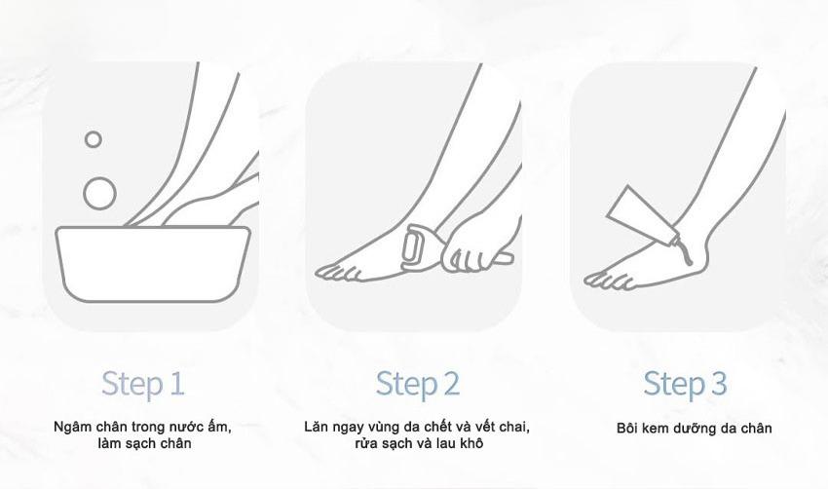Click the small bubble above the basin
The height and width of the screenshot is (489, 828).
[93, 139]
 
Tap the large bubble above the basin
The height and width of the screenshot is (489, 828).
[99, 194]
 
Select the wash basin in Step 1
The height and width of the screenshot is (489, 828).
[153, 264]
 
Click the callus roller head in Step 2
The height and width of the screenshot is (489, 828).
[413, 245]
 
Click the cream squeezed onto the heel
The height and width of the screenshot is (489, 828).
[685, 252]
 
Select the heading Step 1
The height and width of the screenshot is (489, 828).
[142, 385]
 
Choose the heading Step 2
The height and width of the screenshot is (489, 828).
[418, 385]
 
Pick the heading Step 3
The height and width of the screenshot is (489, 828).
[685, 385]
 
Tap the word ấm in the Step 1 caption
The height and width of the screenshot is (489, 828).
[220, 426]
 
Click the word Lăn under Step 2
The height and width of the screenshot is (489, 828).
[316, 426]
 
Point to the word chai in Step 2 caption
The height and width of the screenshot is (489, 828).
[513, 426]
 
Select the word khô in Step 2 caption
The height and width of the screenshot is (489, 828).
[471, 442]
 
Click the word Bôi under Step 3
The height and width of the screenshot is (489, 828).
[627, 428]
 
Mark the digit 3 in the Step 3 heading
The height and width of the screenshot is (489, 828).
[718, 384]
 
